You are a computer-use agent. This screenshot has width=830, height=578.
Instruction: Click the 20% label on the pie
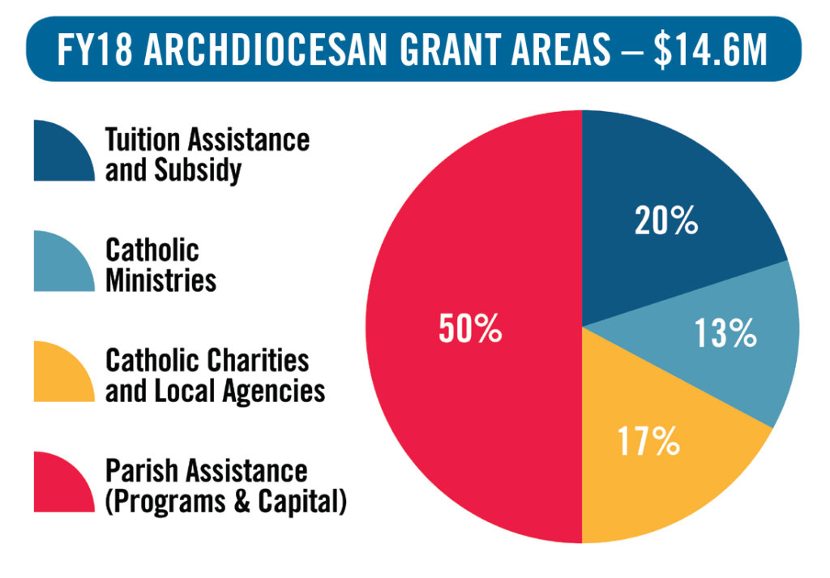(665, 220)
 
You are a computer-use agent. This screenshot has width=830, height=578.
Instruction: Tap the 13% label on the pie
(725, 333)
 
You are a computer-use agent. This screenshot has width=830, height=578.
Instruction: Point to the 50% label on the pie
(470, 331)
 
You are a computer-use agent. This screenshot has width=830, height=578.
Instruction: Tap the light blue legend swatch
(60, 263)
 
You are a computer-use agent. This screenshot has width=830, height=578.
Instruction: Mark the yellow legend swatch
(60, 374)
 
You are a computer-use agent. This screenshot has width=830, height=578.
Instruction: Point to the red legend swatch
(60, 484)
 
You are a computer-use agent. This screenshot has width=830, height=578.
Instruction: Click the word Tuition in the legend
(143, 139)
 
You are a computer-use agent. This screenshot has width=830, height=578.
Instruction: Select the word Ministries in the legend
(160, 280)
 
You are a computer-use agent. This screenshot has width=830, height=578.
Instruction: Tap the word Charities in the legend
(258, 360)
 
